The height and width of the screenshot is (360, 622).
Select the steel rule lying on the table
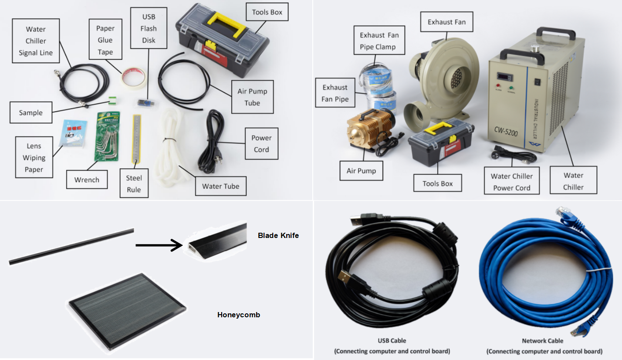(x=137, y=140)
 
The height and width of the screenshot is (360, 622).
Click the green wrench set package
(x=107, y=136)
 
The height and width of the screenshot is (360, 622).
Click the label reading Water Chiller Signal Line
(x=35, y=41)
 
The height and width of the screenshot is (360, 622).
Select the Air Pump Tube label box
(x=252, y=97)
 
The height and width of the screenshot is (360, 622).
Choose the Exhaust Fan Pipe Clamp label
(x=379, y=41)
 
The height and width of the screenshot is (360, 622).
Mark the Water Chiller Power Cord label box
(x=511, y=182)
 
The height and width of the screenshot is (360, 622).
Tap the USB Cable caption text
(x=392, y=340)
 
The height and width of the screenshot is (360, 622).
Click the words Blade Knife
(x=278, y=235)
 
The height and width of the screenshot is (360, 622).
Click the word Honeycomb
(x=238, y=314)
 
